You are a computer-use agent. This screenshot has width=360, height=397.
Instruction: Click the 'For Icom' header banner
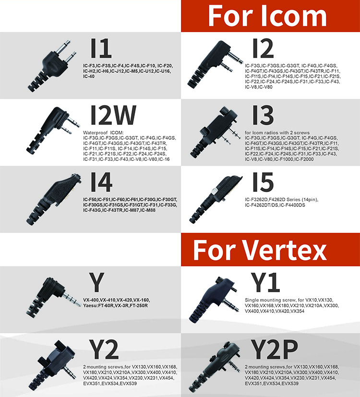click(x=270, y=16)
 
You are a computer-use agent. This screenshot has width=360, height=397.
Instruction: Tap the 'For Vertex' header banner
click(x=270, y=250)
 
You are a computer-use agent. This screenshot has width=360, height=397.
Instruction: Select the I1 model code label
click(x=101, y=48)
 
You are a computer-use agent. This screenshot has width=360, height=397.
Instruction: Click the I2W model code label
click(x=113, y=115)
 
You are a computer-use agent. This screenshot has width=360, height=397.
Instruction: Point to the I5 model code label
click(x=263, y=182)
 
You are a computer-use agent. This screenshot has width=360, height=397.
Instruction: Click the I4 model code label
click(x=101, y=182)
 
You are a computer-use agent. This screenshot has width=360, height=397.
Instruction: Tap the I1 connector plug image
click(x=52, y=66)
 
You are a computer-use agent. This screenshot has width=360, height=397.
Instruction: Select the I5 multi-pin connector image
click(x=216, y=200)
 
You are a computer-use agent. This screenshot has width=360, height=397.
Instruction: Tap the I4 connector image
click(x=54, y=199)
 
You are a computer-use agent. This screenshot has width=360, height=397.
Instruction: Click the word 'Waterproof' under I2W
click(x=94, y=132)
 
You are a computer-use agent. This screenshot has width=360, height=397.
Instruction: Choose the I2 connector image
click(x=215, y=64)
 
